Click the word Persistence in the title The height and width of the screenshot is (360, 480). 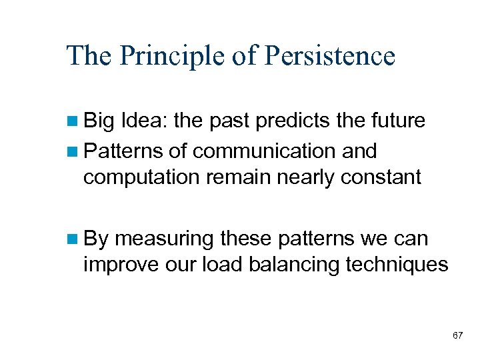click(329, 56)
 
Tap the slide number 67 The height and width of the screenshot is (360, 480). click(457, 335)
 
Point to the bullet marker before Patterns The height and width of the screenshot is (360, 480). click(73, 152)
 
